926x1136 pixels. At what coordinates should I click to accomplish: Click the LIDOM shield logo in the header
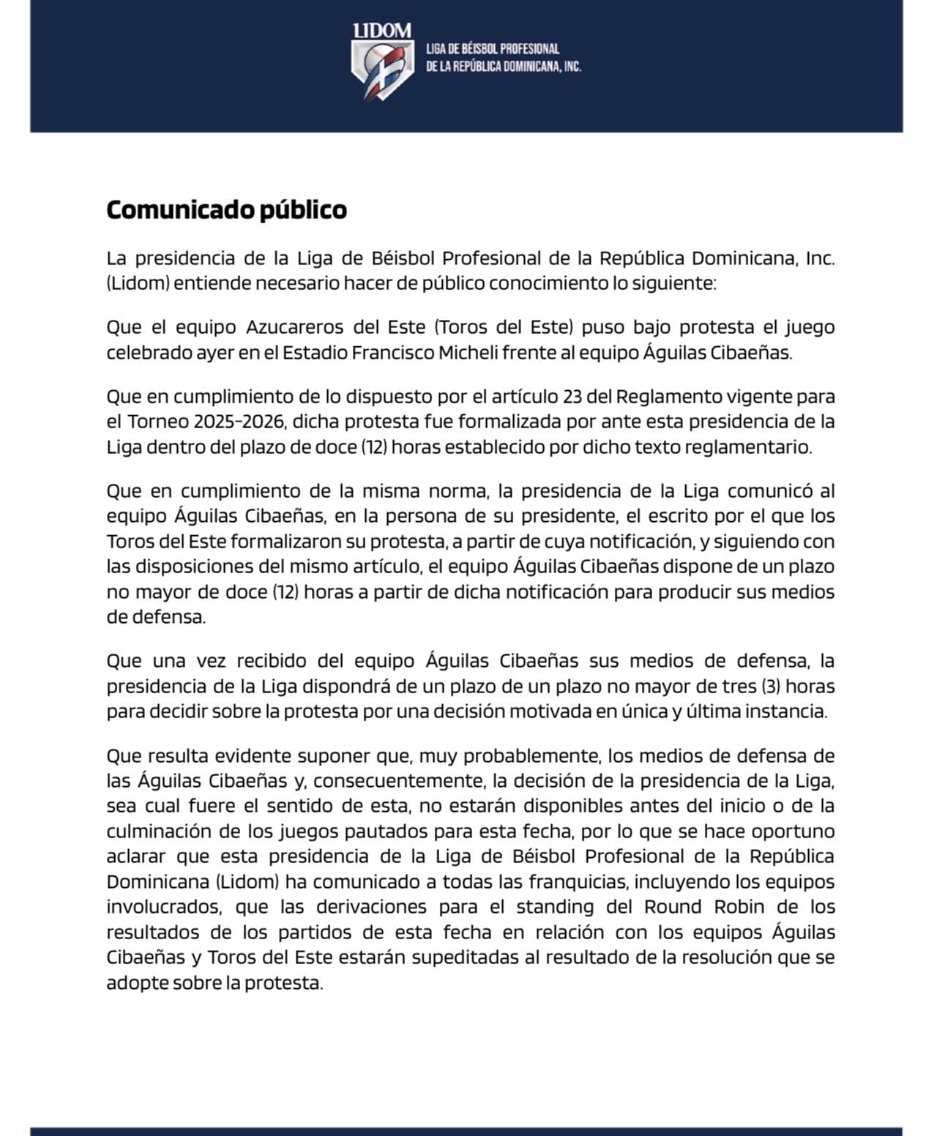tap(381, 70)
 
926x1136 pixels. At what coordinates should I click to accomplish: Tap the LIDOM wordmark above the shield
tap(381, 31)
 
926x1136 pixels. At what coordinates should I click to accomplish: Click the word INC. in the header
tap(572, 67)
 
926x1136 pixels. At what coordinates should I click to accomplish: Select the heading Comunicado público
tap(226, 210)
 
